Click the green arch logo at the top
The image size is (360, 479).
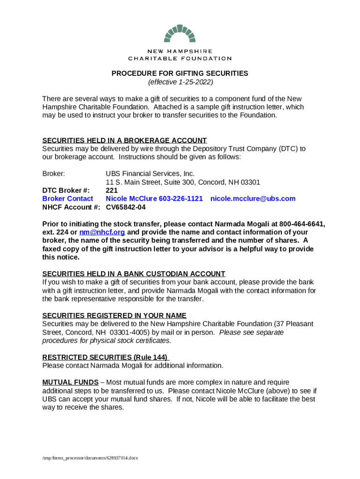pyautogui.click(x=180, y=34)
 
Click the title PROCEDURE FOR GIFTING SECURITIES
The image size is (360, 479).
pyautogui.click(x=180, y=73)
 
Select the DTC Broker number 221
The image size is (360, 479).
pyautogui.click(x=111, y=190)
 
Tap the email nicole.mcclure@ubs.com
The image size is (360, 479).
pyautogui.click(x=253, y=199)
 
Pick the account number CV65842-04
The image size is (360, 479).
pyautogui.click(x=126, y=207)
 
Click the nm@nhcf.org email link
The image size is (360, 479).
pyautogui.click(x=102, y=232)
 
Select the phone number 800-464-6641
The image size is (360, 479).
pyautogui.click(x=302, y=224)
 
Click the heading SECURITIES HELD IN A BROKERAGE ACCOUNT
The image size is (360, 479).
pyautogui.click(x=124, y=140)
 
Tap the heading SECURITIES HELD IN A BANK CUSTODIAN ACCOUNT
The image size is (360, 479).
pyautogui.click(x=134, y=274)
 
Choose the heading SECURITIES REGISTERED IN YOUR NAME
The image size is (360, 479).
pyautogui.click(x=114, y=315)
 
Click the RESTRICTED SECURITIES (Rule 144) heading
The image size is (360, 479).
pyautogui.click(x=105, y=357)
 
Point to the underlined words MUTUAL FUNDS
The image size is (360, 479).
pyautogui.click(x=70, y=382)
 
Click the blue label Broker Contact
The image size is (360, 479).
pyautogui.click(x=68, y=199)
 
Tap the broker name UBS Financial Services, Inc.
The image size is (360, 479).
pyautogui.click(x=150, y=174)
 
